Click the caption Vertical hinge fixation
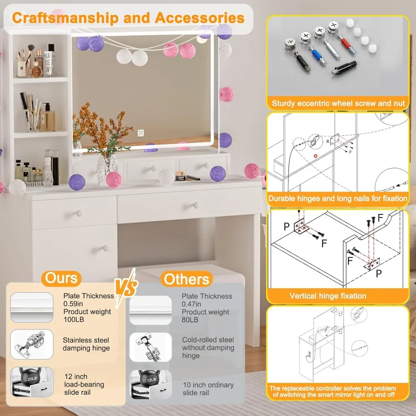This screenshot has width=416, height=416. pyautogui.click(x=328, y=296)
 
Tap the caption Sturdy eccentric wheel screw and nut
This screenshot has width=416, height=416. pyautogui.click(x=338, y=104)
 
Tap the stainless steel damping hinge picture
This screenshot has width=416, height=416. pyautogui.click(x=32, y=345)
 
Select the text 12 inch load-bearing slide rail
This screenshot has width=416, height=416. pyautogui.click(x=84, y=384)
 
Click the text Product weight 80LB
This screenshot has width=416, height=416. pyautogui.click(x=205, y=316)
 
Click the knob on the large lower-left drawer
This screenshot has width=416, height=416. pyautogui.click(x=106, y=248)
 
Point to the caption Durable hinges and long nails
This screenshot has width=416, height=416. pyautogui.click(x=337, y=198)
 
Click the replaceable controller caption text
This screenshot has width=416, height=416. pyautogui.click(x=332, y=391)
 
